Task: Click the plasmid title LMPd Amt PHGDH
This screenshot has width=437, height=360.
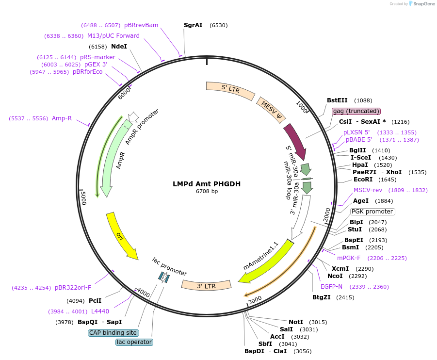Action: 207,184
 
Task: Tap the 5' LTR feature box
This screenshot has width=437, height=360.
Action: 231,90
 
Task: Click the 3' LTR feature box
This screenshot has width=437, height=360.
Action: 206,286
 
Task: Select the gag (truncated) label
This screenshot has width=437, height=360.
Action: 356,111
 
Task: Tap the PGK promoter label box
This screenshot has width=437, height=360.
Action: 372,212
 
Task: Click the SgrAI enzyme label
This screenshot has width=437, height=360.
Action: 193,25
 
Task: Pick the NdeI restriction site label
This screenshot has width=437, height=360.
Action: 119,47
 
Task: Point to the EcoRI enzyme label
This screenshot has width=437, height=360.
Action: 364,180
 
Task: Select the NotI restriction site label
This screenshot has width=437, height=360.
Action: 296,322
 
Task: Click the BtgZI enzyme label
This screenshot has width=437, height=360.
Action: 322,297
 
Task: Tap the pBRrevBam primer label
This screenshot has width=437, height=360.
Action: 141,25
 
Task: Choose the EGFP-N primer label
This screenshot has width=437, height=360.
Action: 331,287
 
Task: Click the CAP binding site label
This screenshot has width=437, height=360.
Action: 113,333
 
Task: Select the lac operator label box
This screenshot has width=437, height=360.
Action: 134,342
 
